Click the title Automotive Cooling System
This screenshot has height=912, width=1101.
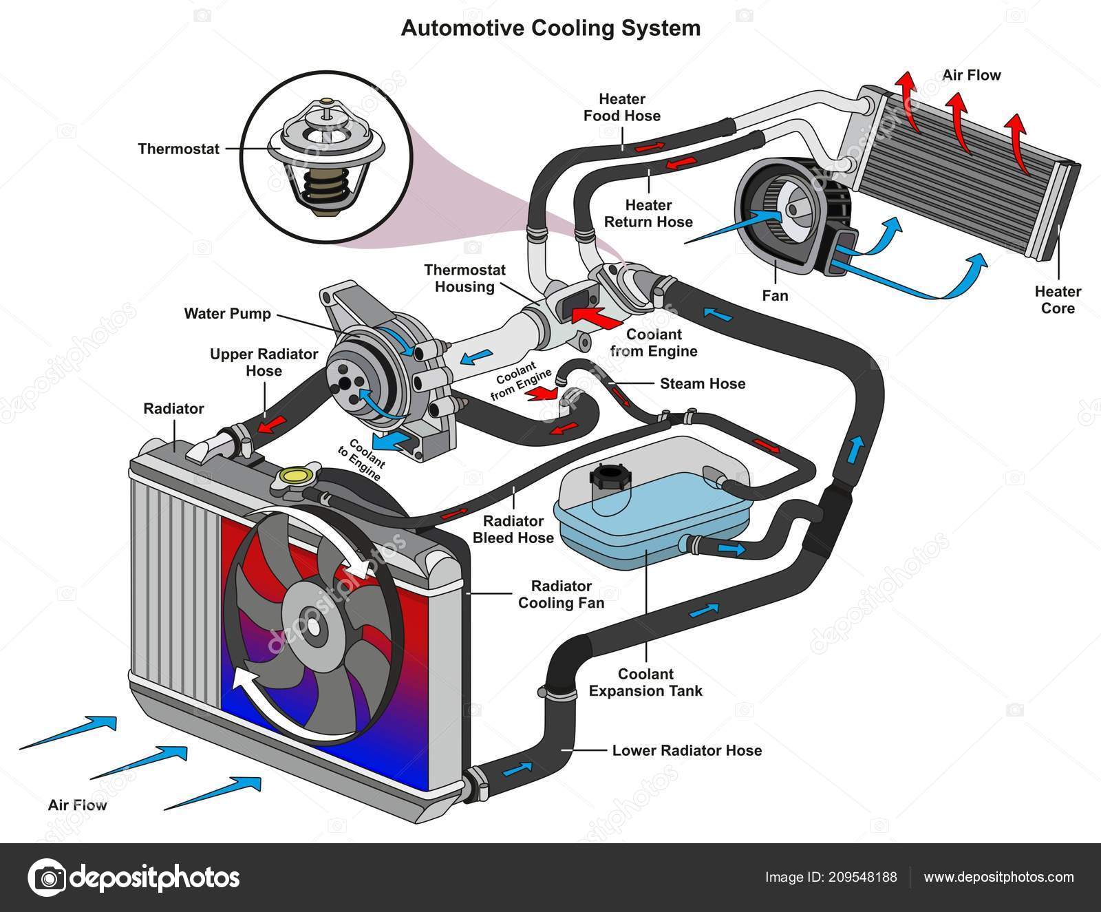[x=550, y=28]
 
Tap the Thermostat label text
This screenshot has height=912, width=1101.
[x=178, y=149]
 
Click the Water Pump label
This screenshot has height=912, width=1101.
[x=227, y=314]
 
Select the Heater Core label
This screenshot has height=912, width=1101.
[x=1058, y=300]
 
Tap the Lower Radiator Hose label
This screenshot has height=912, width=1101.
[x=687, y=750]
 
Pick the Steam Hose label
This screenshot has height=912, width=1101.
[x=703, y=383]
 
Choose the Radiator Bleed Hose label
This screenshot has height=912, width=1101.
[x=513, y=529]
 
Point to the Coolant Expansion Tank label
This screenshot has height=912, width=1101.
[x=645, y=683]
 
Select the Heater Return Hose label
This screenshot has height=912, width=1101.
[x=648, y=213]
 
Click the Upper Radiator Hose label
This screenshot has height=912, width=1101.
[x=264, y=363]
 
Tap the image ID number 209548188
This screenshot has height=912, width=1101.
[x=864, y=877]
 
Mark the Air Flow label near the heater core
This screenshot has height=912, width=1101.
[x=972, y=74]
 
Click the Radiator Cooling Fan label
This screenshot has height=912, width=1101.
[x=561, y=595]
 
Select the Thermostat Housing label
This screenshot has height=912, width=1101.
[x=464, y=278]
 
